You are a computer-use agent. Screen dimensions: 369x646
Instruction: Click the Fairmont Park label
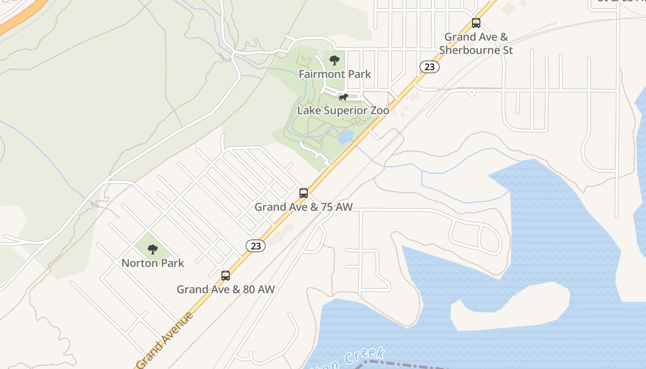pyautogui.click(x=335, y=74)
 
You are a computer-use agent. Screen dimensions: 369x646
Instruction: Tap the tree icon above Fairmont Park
pyautogui.click(x=335, y=60)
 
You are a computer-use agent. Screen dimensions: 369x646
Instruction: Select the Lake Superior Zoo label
pyautogui.click(x=343, y=111)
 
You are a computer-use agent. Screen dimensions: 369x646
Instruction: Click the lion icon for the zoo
pyautogui.click(x=343, y=97)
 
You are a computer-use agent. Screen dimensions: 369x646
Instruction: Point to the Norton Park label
pyautogui.click(x=153, y=263)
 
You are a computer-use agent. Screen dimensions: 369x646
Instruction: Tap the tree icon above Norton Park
pyautogui.click(x=153, y=250)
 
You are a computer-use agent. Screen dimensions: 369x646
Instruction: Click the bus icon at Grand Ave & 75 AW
pyautogui.click(x=303, y=193)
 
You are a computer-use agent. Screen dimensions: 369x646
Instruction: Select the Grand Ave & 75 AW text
pyautogui.click(x=303, y=207)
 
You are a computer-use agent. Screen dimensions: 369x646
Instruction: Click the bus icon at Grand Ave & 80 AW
pyautogui.click(x=226, y=276)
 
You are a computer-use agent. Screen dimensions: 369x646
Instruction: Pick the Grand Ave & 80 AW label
pyautogui.click(x=226, y=289)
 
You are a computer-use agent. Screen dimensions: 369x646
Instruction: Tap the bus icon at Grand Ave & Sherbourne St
pyautogui.click(x=476, y=23)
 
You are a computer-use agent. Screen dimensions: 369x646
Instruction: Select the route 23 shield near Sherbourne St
pyautogui.click(x=429, y=67)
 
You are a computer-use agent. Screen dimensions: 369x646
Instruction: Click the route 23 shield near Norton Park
pyautogui.click(x=256, y=246)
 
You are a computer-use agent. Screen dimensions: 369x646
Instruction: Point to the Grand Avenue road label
pyautogui.click(x=165, y=340)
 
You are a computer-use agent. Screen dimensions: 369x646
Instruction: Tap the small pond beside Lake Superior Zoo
pyautogui.click(x=346, y=137)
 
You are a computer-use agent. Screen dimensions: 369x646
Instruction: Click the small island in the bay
pyautogui.click(x=510, y=307)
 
